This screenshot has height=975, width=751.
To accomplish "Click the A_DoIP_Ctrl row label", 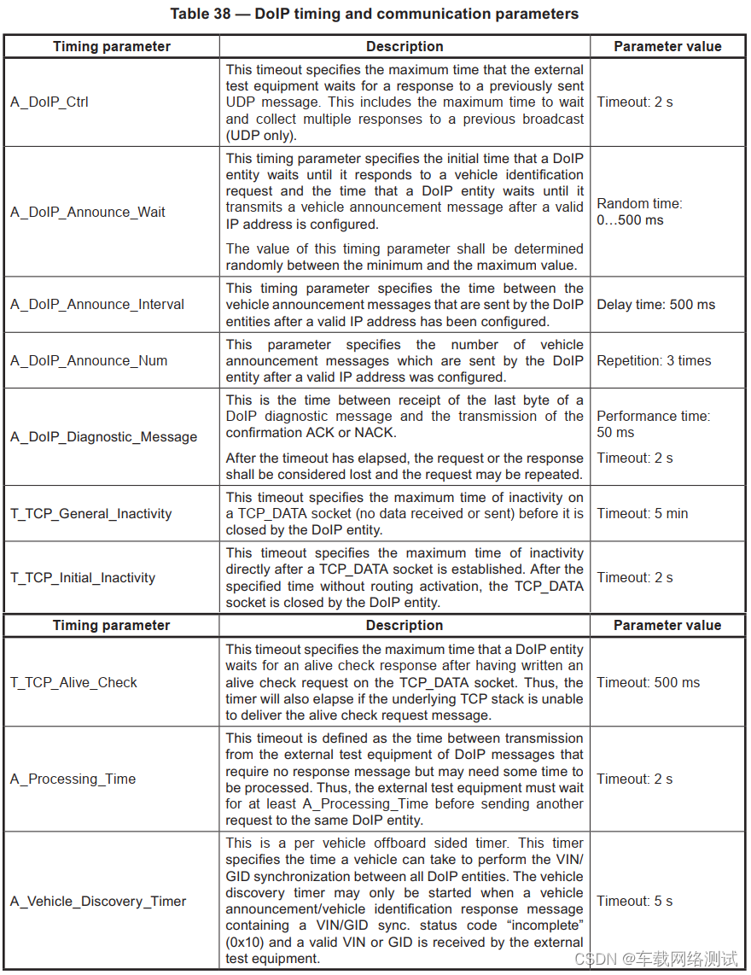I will coord(49,102).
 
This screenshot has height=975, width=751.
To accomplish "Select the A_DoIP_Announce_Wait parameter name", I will coord(88,212).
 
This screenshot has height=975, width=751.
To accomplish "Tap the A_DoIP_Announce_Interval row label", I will coord(97,305).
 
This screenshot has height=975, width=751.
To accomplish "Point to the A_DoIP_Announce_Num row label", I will coord(89,361).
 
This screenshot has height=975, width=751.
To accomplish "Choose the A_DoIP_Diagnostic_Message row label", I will coord(103,437).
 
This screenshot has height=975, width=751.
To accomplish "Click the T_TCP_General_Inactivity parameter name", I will coord(91,514).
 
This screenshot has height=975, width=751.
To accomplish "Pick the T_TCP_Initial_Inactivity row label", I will coord(83,578).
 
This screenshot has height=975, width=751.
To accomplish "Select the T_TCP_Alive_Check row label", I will coord(73,683).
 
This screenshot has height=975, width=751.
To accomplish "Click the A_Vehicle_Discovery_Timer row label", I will coord(98,902).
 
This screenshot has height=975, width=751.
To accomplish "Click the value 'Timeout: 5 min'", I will coord(642,514).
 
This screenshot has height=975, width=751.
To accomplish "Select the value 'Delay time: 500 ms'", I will coord(655,305).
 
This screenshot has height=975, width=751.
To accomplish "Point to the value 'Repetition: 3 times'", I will coord(654,361).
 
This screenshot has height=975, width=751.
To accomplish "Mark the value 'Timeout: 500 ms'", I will coord(648,683).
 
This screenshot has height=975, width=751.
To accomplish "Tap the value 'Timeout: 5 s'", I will coord(634,902).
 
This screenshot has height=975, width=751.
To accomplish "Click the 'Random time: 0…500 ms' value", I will coord(639,212).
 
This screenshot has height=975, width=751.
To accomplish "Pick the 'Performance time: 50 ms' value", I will coord(653,424).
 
